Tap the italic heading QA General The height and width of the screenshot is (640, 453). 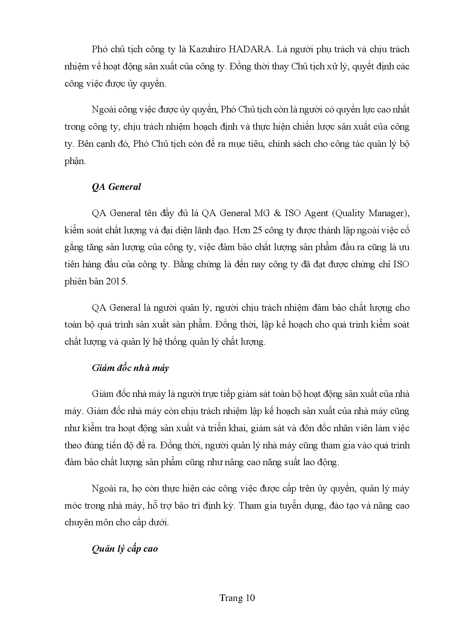pyautogui.click(x=116, y=187)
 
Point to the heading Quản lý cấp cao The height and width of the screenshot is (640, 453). pyautogui.click(x=125, y=549)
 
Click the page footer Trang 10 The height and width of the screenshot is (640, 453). pyautogui.click(x=237, y=598)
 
